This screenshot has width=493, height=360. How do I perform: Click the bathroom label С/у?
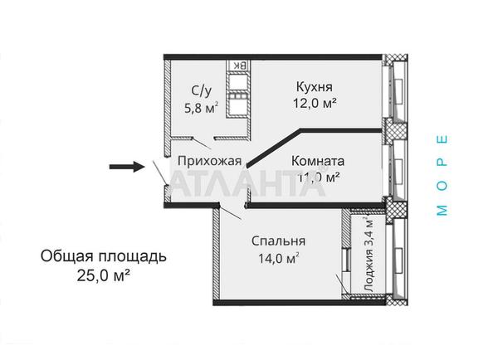[202, 91]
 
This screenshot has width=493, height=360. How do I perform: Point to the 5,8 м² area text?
[201, 107]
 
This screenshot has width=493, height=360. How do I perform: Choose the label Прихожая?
[208, 161]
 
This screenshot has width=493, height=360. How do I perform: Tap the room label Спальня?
[279, 241]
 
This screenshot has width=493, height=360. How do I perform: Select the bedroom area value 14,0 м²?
[279, 258]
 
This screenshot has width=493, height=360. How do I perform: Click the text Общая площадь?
[104, 255]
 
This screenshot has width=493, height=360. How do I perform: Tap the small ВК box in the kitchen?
[237, 65]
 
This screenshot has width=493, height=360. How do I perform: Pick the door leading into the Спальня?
[232, 209]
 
